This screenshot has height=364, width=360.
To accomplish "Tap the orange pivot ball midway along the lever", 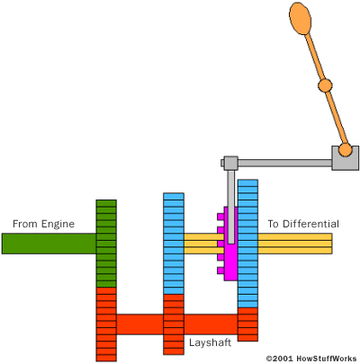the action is (325, 85).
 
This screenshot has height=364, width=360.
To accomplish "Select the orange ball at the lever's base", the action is (346, 149).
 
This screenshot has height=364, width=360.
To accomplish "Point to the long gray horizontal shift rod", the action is (284, 164).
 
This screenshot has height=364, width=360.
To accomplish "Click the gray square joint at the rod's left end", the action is (230, 163).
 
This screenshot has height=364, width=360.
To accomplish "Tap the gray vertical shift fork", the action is (230, 207).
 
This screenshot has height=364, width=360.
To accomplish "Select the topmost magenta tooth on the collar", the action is (220, 217).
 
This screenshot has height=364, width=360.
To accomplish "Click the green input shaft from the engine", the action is (49, 244).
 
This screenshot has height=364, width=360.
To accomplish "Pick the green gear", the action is (106, 244).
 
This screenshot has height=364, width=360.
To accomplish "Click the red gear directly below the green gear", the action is (106, 324).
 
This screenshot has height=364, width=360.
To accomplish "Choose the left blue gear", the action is (174, 244).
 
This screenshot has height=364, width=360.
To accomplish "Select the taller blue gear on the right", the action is (247, 244).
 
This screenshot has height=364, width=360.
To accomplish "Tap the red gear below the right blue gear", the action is (247, 324).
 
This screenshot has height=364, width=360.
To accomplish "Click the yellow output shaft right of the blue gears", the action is (295, 244).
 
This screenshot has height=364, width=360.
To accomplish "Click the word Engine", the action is (58, 225).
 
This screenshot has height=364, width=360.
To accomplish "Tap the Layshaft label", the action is (210, 342).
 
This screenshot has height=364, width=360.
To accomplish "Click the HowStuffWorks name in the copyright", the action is (327, 359).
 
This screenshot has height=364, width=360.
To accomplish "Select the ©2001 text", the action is (280, 359).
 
